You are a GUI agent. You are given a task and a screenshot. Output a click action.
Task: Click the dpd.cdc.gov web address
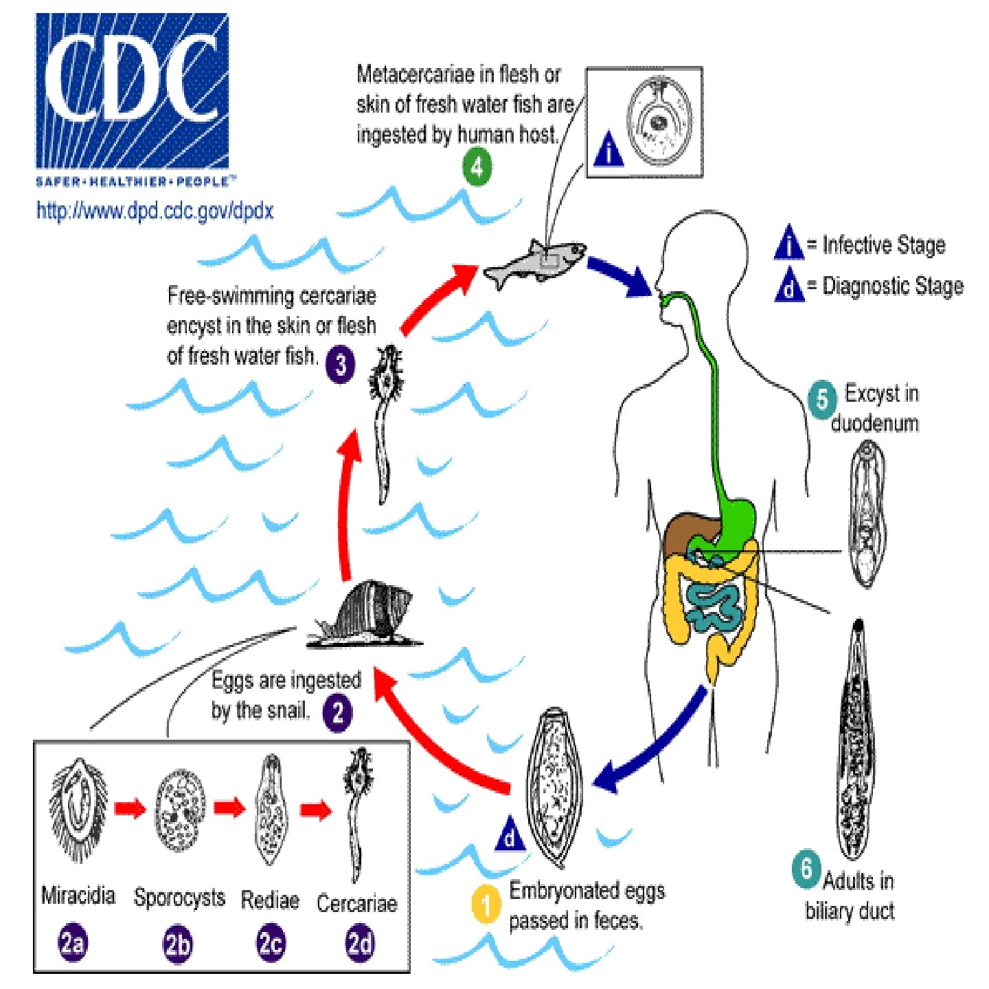(x=155, y=209)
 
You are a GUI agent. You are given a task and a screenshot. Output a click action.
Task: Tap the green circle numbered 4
(x=477, y=167)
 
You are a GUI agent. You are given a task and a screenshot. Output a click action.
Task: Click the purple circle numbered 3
(x=340, y=365)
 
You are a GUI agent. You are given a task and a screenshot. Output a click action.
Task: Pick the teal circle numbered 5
(x=822, y=399)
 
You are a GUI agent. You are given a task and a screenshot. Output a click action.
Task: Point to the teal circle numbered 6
(x=806, y=869)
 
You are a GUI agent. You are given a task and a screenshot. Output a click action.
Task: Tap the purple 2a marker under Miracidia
(x=72, y=943)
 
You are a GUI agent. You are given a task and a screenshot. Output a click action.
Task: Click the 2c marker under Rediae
(x=270, y=944)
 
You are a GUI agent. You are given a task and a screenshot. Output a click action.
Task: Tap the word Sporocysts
(x=179, y=898)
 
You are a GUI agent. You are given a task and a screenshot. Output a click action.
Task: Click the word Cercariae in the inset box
(x=356, y=902)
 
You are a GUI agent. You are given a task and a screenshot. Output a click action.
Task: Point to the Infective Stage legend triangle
(x=789, y=244)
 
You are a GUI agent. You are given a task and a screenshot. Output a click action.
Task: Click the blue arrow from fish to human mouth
(x=618, y=276)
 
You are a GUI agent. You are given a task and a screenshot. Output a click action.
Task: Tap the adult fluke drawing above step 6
(x=855, y=738)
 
